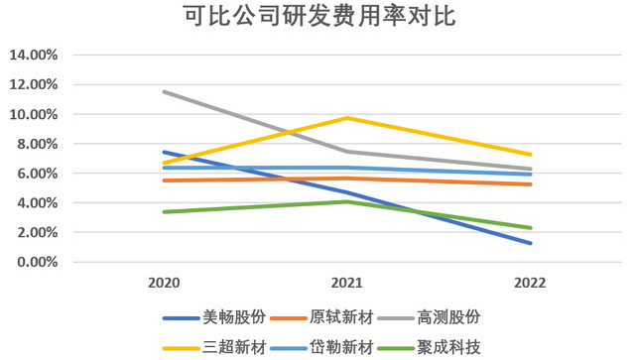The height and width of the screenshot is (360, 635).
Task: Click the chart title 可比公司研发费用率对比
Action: click(317, 18)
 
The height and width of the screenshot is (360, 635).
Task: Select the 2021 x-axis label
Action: click(347, 283)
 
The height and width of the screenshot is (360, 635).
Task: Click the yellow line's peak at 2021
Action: click(347, 118)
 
